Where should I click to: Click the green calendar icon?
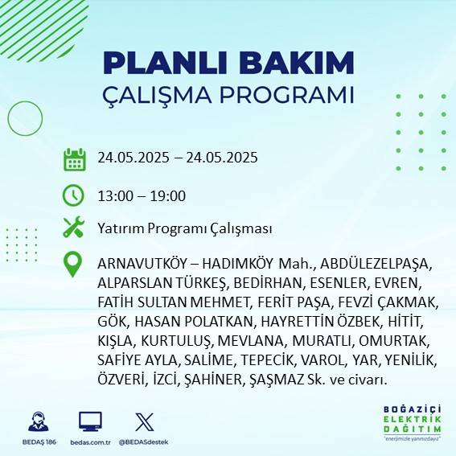point(74,158)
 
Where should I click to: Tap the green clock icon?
point(74,195)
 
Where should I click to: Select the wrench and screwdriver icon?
point(74,228)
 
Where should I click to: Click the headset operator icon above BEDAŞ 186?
point(37,421)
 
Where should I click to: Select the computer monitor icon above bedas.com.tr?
point(90,421)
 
